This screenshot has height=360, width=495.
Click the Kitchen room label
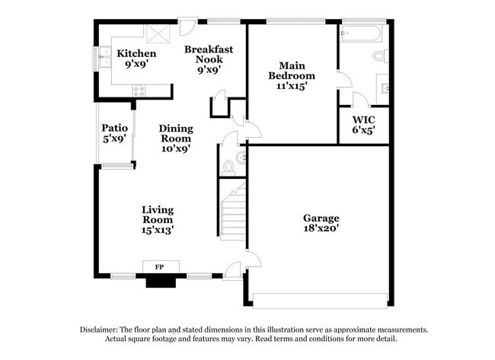(136, 54)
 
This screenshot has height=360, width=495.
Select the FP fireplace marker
(160, 267)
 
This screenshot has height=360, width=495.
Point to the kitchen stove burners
(139, 91)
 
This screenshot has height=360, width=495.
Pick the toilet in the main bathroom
(380, 56)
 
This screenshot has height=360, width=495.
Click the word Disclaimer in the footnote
(106, 330)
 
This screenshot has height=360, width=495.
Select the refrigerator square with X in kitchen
(158, 34)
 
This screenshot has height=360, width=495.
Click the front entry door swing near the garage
(232, 270)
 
